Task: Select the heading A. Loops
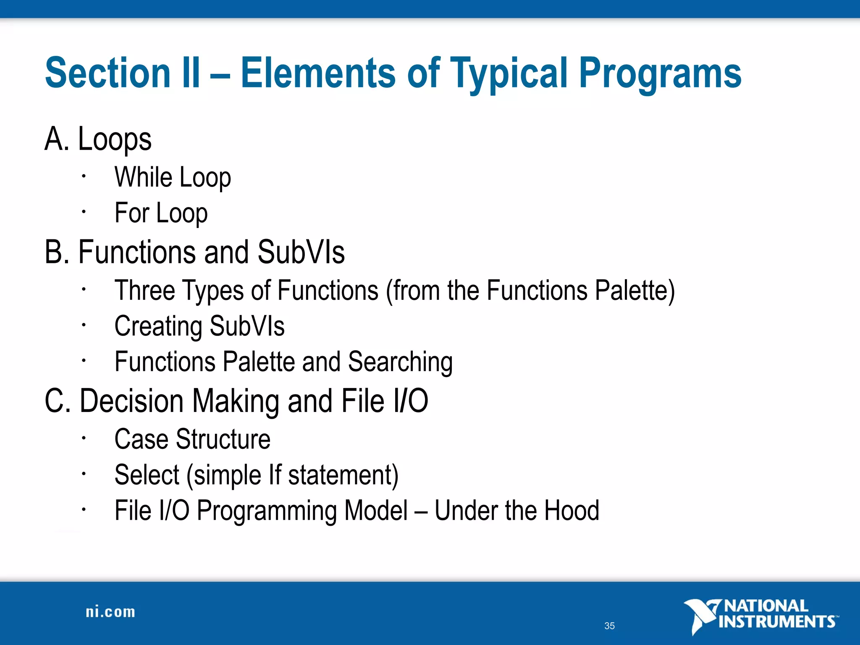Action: click(98, 139)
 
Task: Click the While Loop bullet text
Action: click(173, 177)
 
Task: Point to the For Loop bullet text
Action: click(161, 213)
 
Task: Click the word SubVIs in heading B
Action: click(301, 252)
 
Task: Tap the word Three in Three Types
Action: click(144, 291)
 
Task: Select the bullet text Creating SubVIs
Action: click(199, 326)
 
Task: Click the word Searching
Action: click(400, 362)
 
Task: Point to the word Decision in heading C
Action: click(131, 401)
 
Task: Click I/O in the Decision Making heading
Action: click(410, 401)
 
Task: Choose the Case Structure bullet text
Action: click(192, 439)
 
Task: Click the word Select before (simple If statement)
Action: click(147, 475)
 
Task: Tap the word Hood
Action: click(571, 511)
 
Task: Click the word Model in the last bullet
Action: click(376, 511)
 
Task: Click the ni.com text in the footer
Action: click(110, 612)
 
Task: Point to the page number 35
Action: click(609, 626)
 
